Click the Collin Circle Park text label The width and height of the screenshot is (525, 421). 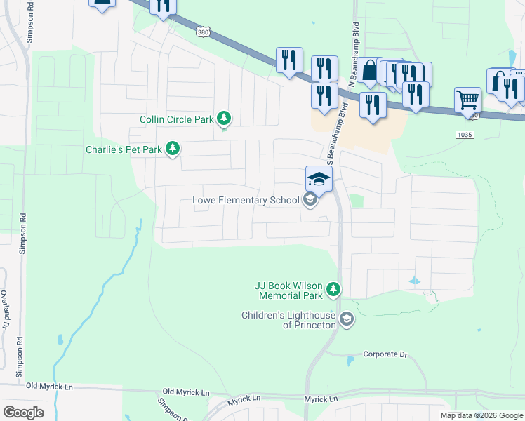tap(176, 119)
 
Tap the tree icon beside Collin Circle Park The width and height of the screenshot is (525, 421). tap(224, 119)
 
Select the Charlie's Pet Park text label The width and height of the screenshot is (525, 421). tap(124, 149)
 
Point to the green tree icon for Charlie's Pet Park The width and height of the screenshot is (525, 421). tap(171, 149)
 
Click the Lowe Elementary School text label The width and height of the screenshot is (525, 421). tap(246, 201)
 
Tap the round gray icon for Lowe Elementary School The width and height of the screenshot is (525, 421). tap(310, 201)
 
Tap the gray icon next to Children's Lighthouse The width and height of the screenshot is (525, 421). tap(346, 320)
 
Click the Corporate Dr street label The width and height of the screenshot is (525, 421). tap(385, 354)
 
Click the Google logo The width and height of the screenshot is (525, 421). tap(23, 413)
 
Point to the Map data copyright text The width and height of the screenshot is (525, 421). tap(481, 415)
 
